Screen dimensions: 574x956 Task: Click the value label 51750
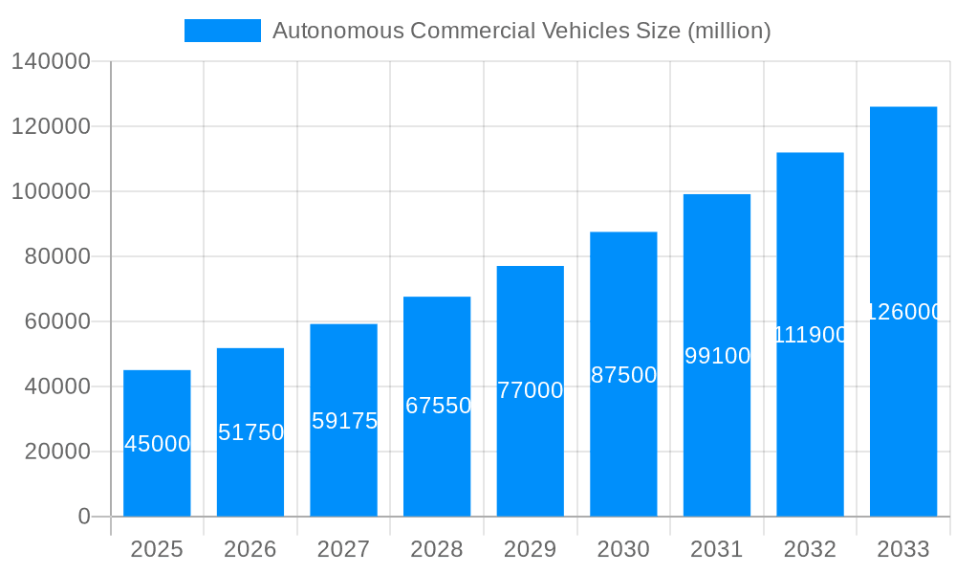(250, 432)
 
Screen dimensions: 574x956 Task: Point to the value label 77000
(531, 390)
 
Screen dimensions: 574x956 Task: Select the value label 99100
(717, 356)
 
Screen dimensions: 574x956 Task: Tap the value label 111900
(810, 335)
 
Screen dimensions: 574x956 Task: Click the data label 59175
(344, 421)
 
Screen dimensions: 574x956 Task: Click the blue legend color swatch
(222, 31)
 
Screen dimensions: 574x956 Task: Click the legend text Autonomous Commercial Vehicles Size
(521, 31)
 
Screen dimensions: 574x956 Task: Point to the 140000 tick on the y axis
(51, 62)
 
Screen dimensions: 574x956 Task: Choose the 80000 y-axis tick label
(57, 256)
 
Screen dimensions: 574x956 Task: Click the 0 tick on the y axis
(83, 517)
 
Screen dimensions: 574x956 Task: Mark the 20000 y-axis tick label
(57, 452)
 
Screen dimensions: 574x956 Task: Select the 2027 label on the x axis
(343, 549)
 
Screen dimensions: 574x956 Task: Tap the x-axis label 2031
(717, 549)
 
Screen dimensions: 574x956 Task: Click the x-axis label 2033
(903, 549)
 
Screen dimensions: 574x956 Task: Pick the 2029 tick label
(530, 549)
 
